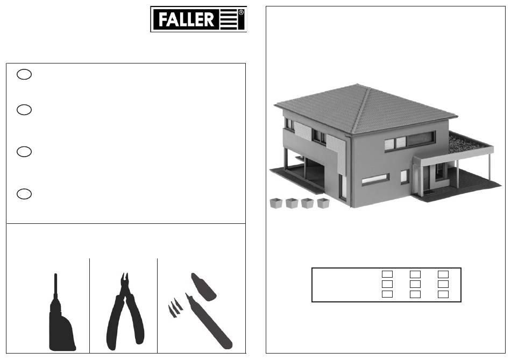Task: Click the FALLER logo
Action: (198, 19)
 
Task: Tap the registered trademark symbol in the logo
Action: (241, 13)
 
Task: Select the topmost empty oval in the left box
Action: (24, 74)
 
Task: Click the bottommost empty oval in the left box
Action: (24, 194)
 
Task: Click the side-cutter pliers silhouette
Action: (125, 312)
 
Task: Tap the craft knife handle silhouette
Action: (209, 321)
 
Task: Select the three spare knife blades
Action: (175, 308)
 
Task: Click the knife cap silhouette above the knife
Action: (203, 287)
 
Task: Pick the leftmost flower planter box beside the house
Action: (276, 203)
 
